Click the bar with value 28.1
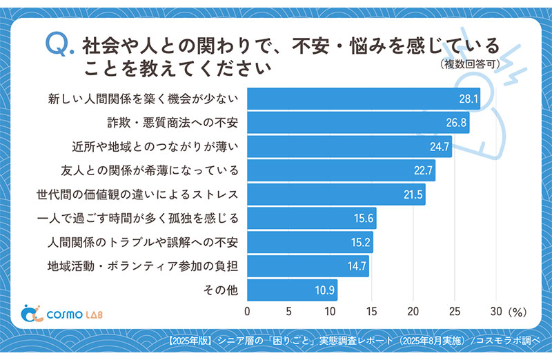click(363, 99)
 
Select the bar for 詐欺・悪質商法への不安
click(358, 123)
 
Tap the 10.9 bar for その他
click(293, 290)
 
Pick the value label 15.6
click(364, 219)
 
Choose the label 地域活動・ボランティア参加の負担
click(143, 266)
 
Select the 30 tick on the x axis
click(497, 312)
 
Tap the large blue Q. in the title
click(59, 46)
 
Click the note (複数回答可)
click(469, 66)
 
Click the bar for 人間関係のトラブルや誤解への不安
click(310, 242)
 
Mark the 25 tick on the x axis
click(455, 312)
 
